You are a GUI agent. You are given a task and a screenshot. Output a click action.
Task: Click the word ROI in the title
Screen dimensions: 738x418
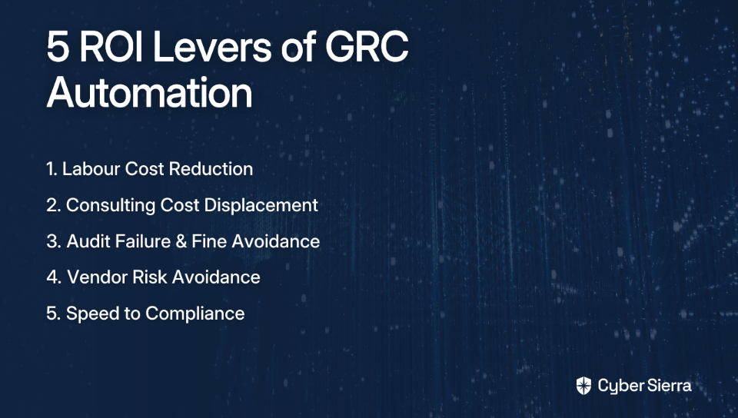(x=110, y=47)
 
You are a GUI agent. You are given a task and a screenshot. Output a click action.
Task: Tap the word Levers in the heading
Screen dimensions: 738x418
(x=212, y=47)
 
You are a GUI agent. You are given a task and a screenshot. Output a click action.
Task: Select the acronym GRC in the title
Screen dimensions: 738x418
(x=367, y=47)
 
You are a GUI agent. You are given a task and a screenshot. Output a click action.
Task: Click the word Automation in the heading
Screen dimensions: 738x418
(x=150, y=92)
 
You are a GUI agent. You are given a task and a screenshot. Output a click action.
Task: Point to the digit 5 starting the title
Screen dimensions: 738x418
(x=58, y=48)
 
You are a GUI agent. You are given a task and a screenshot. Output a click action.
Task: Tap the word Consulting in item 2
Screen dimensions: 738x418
(x=110, y=205)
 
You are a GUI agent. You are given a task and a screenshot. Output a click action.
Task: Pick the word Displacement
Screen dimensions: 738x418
(x=261, y=205)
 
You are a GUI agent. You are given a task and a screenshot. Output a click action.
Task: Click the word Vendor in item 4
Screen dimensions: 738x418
(x=97, y=277)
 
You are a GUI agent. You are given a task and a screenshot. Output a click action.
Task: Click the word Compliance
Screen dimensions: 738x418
(x=194, y=313)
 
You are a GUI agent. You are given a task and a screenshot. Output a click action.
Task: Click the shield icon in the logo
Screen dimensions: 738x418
(x=583, y=386)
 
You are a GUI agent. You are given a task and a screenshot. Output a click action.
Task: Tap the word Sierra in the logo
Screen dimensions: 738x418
(x=669, y=386)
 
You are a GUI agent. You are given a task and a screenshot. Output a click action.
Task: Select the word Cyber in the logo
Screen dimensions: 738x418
(x=621, y=386)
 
